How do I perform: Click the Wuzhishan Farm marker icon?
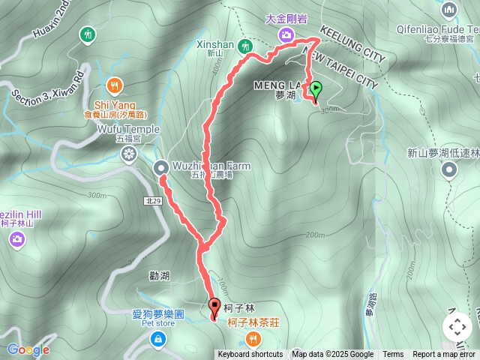tap(161, 167)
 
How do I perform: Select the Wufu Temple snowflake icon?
tap(129, 154)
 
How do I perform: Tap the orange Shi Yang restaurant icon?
tap(114, 85)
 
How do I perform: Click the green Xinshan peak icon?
tap(244, 46)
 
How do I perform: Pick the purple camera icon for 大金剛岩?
tap(286, 34)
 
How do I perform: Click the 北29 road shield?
tap(152, 200)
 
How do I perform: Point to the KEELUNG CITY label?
tap(352, 45)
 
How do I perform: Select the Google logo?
tap(28, 349)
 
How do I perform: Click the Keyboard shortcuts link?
tap(250, 355)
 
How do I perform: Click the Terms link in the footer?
tap(393, 355)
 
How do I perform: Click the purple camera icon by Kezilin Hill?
tap(17, 239)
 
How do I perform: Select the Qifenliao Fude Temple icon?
tap(450, 10)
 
